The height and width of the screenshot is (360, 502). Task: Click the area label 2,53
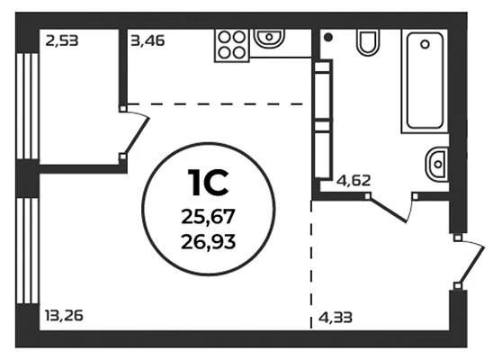[x=62, y=41]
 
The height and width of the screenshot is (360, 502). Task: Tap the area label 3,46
[x=148, y=41]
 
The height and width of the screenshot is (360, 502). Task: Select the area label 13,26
[x=65, y=316]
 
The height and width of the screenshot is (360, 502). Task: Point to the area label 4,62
[x=354, y=181]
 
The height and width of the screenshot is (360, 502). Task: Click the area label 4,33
[x=336, y=318]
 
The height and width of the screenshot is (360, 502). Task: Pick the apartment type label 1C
[x=208, y=183]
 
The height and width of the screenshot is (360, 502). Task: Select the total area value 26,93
[x=209, y=242]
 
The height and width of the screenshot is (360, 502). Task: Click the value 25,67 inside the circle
[x=209, y=217]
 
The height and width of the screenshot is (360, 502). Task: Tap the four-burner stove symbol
[x=232, y=45]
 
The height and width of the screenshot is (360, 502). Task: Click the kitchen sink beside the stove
[x=269, y=38]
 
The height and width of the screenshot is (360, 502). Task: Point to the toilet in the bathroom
[x=368, y=42]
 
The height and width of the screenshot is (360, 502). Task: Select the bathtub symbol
[x=425, y=81]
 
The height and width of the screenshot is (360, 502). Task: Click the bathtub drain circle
[x=425, y=44]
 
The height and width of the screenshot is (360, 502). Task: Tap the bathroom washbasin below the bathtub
[x=436, y=164]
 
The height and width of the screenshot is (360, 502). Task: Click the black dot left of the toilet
[x=328, y=38]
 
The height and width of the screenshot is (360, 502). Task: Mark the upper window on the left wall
[x=28, y=106]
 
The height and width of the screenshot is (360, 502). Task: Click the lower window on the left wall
[x=28, y=250]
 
